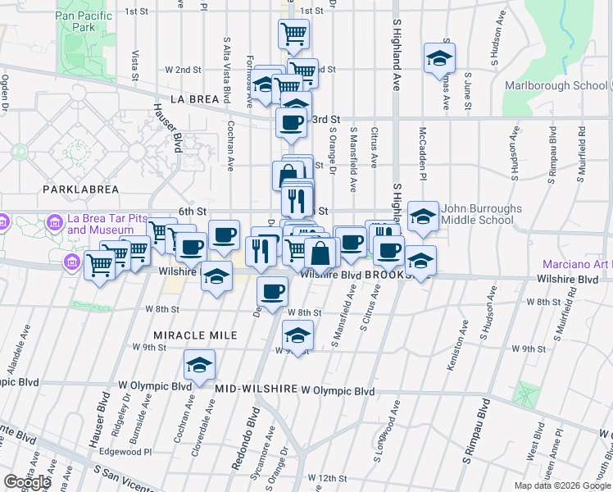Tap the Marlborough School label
pyautogui.click(x=566, y=85)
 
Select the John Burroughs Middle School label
pyautogui.click(x=481, y=214)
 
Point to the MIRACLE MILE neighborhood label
pyautogui.click(x=195, y=335)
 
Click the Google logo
pyautogui.click(x=27, y=482)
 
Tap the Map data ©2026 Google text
pyautogui.click(x=562, y=485)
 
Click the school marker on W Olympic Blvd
pyautogui.click(x=198, y=365)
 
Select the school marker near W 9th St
pyautogui.click(x=297, y=335)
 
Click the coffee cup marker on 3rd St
pyautogui.click(x=291, y=123)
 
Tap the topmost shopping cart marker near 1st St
pyautogui.click(x=293, y=34)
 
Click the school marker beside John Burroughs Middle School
pyautogui.click(x=422, y=217)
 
